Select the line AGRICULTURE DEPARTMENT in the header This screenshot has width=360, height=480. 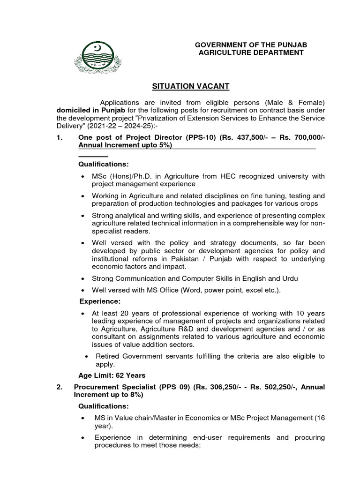[x=251, y=52]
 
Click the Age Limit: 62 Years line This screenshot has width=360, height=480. [x=112, y=375]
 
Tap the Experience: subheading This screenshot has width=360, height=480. [x=100, y=301]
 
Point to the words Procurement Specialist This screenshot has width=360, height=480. [x=113, y=387]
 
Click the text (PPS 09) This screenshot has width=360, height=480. [x=172, y=387]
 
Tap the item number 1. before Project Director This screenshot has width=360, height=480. [x=59, y=138]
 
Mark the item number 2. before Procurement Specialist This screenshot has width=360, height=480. [x=59, y=387]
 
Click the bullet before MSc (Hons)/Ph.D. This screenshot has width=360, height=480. [x=83, y=176]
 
